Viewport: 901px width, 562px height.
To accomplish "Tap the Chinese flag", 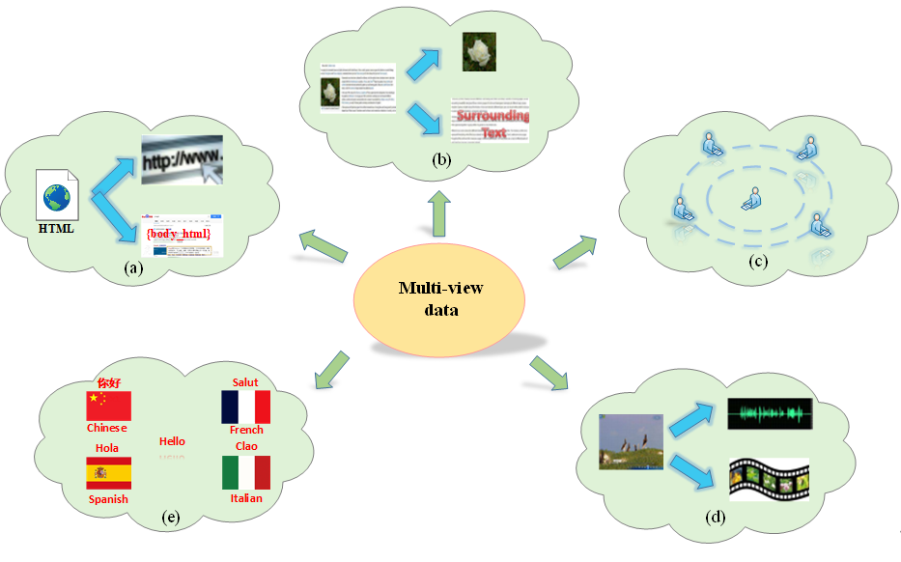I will (x=108, y=406).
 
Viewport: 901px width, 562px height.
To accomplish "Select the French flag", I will (x=245, y=407).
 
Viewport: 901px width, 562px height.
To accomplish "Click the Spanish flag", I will (x=108, y=473).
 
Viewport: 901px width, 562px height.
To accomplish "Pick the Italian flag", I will (x=245, y=472).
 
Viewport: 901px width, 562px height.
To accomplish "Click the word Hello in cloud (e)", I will (x=172, y=441).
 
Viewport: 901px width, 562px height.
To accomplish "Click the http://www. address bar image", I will (x=183, y=160).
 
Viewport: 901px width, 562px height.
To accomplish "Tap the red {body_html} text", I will (x=178, y=235).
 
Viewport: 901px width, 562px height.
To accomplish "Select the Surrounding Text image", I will (x=491, y=120).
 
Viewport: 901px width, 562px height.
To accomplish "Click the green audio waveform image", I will (x=770, y=415).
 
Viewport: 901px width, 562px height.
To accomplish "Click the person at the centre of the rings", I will (x=751, y=200).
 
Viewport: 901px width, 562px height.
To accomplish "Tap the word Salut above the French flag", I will (x=245, y=382).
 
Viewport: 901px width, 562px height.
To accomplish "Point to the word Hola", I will (x=107, y=448).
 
